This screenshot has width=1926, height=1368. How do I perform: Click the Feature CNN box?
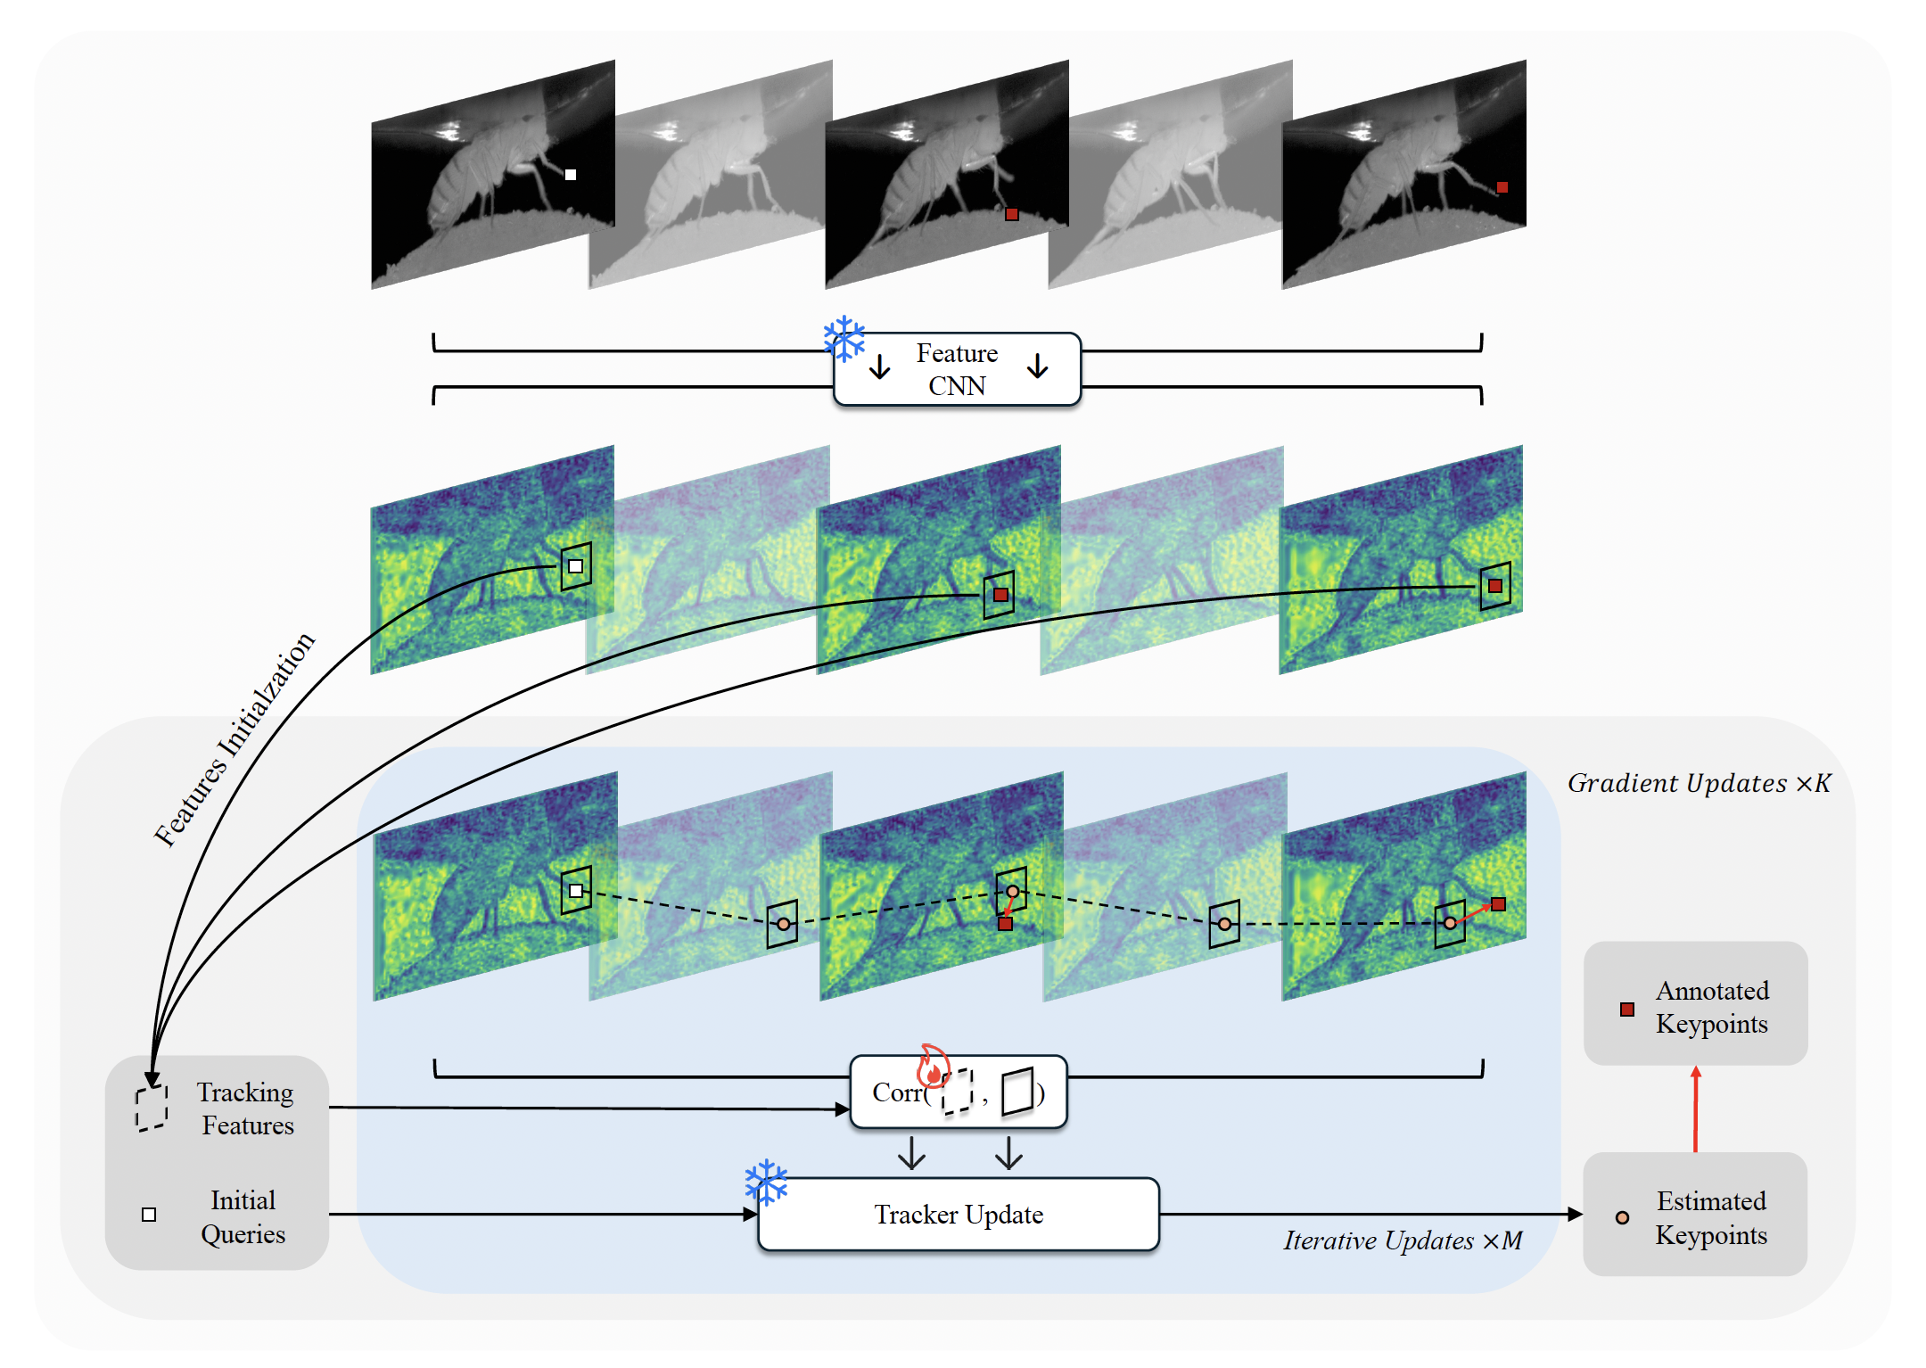pos(957,369)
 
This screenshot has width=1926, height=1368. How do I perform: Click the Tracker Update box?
pos(959,1215)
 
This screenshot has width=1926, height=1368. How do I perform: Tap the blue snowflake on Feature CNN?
pos(844,339)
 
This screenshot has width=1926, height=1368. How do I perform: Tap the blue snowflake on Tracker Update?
pos(766,1183)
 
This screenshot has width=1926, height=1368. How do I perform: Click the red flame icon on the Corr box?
pos(934,1066)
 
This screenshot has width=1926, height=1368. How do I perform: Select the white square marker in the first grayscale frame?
pos(571,175)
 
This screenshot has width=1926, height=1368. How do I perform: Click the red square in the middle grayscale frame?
pos(1012,214)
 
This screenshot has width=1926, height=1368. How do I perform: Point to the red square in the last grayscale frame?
pos(1502,187)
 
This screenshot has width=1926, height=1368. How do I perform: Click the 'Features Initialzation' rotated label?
pos(235,739)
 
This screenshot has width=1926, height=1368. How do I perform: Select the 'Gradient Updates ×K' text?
pos(1700,783)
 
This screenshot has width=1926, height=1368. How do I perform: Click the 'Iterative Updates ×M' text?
pos(1403,1240)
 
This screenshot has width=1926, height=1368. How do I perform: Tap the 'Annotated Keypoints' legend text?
pos(1712,1007)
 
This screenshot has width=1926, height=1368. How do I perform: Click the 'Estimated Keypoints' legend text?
pos(1711,1218)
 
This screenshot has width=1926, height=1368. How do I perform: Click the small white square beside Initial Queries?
pos(149,1215)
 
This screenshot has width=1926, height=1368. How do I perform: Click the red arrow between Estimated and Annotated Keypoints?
pos(1696,1108)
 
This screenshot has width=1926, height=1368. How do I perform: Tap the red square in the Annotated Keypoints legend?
pos(1627,1010)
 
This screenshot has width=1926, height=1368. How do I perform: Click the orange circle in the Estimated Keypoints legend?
pos(1623,1217)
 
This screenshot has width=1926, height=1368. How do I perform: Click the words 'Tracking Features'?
pos(246,1108)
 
